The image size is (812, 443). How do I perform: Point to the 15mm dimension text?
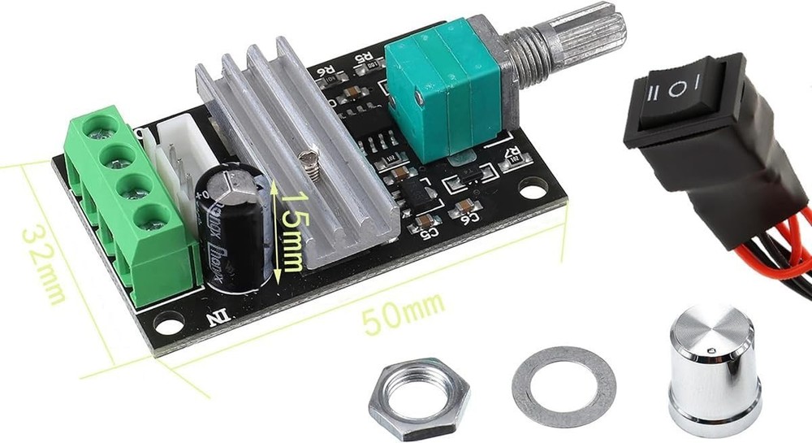tap(290, 231)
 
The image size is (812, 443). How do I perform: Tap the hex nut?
tap(418, 398)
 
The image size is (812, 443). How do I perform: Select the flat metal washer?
tap(564, 386)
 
